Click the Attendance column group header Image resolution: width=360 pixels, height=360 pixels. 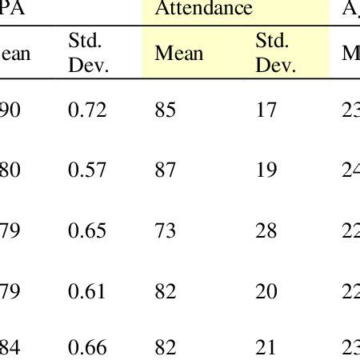[x=203, y=10]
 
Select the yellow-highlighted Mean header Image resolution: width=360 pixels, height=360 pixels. [x=178, y=54]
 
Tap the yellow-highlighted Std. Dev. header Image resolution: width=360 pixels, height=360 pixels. [x=275, y=53]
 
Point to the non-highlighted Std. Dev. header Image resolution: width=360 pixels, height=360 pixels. [x=88, y=53]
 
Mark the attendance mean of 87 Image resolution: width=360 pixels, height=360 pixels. [x=165, y=169]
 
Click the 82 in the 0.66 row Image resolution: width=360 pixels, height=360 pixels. [x=165, y=347]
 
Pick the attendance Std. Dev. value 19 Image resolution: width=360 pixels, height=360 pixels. [x=266, y=169]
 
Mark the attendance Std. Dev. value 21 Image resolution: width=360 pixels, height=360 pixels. [x=266, y=347]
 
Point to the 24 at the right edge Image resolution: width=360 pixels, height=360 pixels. [x=351, y=169]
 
